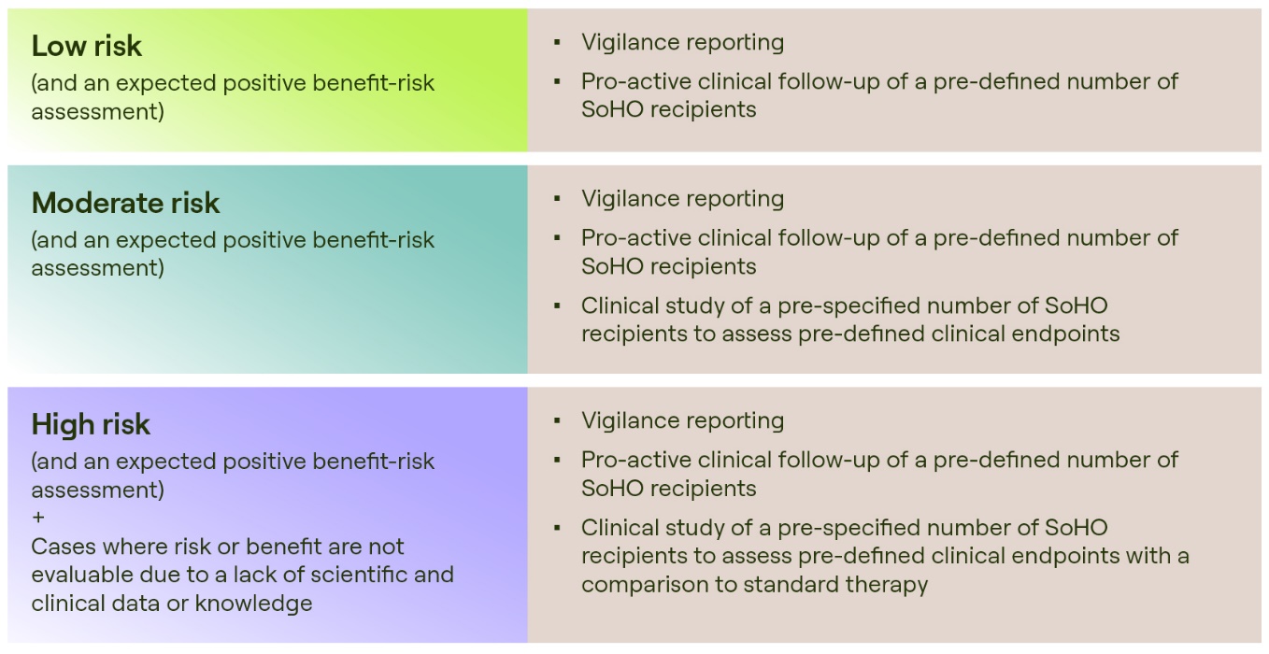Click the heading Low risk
(x=86, y=46)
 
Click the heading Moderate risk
(x=125, y=203)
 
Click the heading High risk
(x=91, y=424)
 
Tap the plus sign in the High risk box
(x=38, y=518)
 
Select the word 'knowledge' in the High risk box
(x=253, y=604)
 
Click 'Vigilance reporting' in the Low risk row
(x=683, y=42)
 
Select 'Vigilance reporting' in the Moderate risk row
(x=683, y=199)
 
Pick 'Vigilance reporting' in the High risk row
(x=683, y=420)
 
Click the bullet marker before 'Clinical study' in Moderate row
(x=557, y=306)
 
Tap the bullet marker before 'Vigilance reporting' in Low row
(x=557, y=42)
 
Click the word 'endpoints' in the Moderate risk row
(x=1065, y=334)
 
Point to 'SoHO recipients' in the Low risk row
(x=668, y=109)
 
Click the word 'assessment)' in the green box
(x=97, y=111)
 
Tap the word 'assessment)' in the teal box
(x=97, y=268)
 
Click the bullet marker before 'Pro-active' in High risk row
(x=557, y=461)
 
